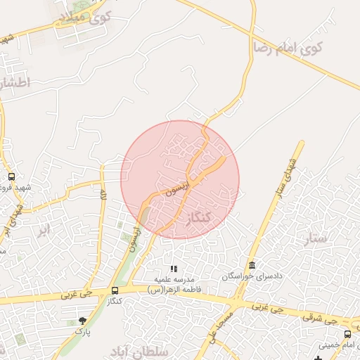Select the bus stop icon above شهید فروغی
point(11,177)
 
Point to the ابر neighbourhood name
point(44,229)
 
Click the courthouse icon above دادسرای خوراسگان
point(252,264)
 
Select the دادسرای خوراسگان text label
point(252,276)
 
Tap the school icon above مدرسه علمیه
point(174,269)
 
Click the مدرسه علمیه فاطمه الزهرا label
point(174,285)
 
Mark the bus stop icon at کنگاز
point(115,290)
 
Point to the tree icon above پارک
point(82,321)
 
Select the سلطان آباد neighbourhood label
point(141,349)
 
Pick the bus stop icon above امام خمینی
point(347,334)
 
